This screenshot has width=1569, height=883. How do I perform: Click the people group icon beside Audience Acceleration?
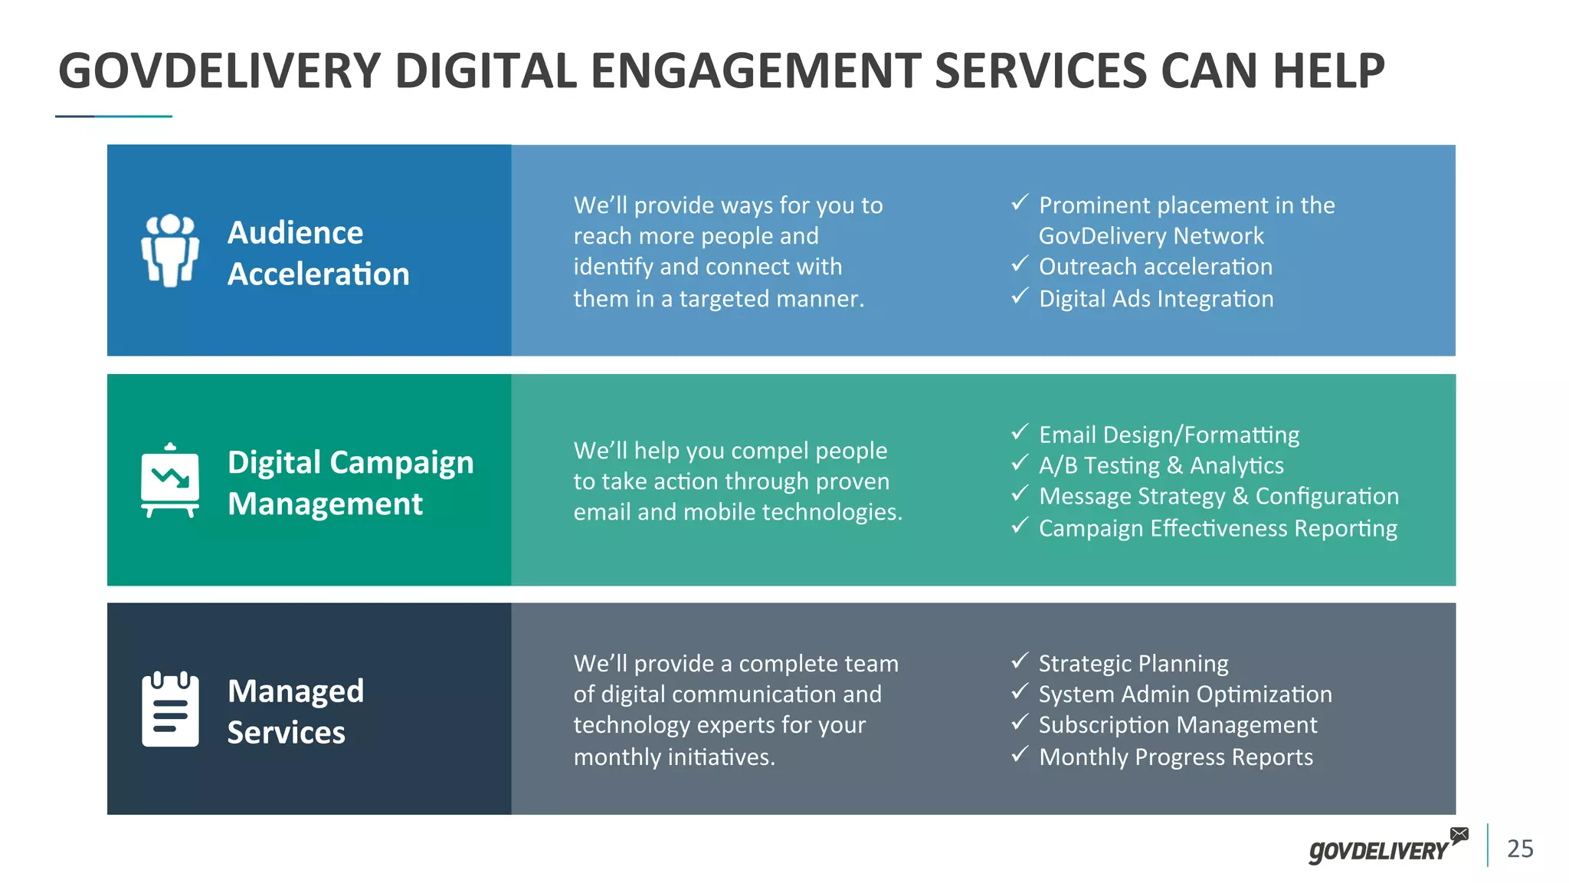point(170,251)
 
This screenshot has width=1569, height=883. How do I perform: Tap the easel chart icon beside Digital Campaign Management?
point(170,481)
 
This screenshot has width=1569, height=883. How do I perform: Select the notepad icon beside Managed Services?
point(170,709)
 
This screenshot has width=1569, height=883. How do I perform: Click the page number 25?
point(1520,849)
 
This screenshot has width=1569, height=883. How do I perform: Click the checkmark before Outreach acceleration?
point(1019,264)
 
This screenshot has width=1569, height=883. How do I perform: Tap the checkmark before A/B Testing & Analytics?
point(1019,464)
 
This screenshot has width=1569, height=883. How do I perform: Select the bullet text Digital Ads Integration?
point(1156,299)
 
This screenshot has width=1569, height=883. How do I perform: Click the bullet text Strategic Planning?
point(1133,664)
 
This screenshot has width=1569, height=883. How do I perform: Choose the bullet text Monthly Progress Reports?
point(1175,757)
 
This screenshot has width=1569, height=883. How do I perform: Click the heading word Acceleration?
point(319,274)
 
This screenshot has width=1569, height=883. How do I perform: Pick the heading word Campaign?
point(403,463)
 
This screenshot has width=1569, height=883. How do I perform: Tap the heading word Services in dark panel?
point(287,733)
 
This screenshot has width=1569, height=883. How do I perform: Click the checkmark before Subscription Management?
point(1019,723)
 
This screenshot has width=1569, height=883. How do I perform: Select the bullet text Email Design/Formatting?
point(1169,435)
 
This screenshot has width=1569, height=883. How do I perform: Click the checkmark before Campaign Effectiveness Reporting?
point(1019,527)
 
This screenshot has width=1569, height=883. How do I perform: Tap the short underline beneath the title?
point(113,117)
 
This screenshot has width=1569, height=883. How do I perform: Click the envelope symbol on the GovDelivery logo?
point(1459,835)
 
